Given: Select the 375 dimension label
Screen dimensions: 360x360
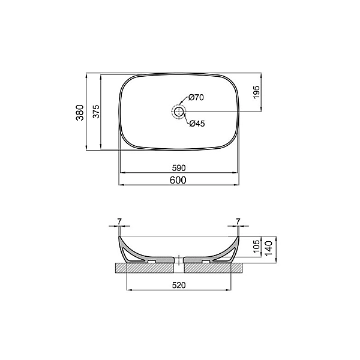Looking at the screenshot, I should pyautogui.click(x=95, y=111).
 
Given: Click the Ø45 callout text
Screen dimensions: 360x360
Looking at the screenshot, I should pyautogui.click(x=197, y=124).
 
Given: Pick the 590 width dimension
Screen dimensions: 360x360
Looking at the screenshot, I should pyautogui.click(x=180, y=167).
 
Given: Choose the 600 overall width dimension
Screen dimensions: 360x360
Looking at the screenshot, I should pyautogui.click(x=180, y=180).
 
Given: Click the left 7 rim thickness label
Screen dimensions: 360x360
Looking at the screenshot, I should pyautogui.click(x=119, y=222).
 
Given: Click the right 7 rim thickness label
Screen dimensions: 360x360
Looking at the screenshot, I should pyautogui.click(x=239, y=222).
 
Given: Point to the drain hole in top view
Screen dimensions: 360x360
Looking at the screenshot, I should pyautogui.click(x=179, y=111).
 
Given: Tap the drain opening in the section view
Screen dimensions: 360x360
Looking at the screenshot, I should pyautogui.click(x=179, y=260).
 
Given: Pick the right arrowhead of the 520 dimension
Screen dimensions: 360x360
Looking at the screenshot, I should pyautogui.click(x=230, y=291).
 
